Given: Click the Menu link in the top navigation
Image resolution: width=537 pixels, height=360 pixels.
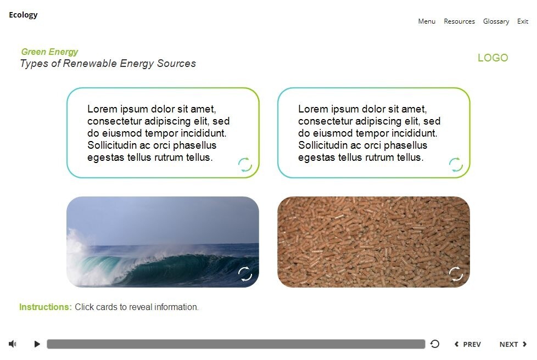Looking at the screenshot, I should (427, 21).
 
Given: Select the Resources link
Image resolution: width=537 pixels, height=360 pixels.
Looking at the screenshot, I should (459, 21).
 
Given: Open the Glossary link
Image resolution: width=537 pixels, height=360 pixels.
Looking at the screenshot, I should (496, 21).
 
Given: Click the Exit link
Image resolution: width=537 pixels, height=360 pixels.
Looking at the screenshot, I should (523, 21).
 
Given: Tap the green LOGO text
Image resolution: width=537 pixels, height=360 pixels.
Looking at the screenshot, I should (493, 58).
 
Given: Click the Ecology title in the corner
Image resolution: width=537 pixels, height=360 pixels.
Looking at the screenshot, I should (23, 15).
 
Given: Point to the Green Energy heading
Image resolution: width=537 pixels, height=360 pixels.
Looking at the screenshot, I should (49, 52).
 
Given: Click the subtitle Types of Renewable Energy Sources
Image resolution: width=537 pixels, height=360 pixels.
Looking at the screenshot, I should (108, 63).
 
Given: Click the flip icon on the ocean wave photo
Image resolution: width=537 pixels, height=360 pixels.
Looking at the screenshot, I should (245, 273).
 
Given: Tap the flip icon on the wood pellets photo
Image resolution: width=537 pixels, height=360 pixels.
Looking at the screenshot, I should (456, 273).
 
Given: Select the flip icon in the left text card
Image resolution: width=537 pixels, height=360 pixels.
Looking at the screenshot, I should (245, 164).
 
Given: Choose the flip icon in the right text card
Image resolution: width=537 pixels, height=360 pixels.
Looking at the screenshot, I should (456, 164).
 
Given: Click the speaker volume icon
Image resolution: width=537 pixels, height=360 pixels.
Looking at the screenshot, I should (13, 344).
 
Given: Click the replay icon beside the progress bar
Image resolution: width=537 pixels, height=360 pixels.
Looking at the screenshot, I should (435, 344).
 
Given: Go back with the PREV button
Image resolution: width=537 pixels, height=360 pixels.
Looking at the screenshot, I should (468, 344).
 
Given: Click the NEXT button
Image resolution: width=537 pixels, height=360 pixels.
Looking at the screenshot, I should (513, 344).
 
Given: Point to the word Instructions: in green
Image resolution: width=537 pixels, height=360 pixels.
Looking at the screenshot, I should (46, 307).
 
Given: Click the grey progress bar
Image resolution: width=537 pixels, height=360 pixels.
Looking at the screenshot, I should (236, 344).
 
